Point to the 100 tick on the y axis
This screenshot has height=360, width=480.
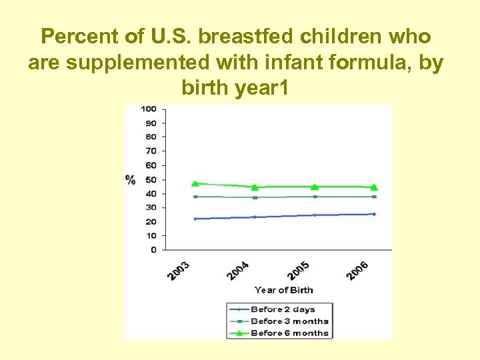coord(149,109)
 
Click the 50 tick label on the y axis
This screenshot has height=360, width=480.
coord(151,179)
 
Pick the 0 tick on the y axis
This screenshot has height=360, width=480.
coord(153,250)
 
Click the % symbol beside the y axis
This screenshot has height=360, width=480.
coord(131,179)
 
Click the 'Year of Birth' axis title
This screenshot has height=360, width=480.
coord(283,290)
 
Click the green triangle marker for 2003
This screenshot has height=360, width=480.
coord(195,183)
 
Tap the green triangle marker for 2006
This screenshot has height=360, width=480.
coord(374,187)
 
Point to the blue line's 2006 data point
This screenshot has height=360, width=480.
coord(374,214)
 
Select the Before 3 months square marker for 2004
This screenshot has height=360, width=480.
coord(255,197)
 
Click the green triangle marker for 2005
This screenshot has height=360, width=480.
coord(315,187)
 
